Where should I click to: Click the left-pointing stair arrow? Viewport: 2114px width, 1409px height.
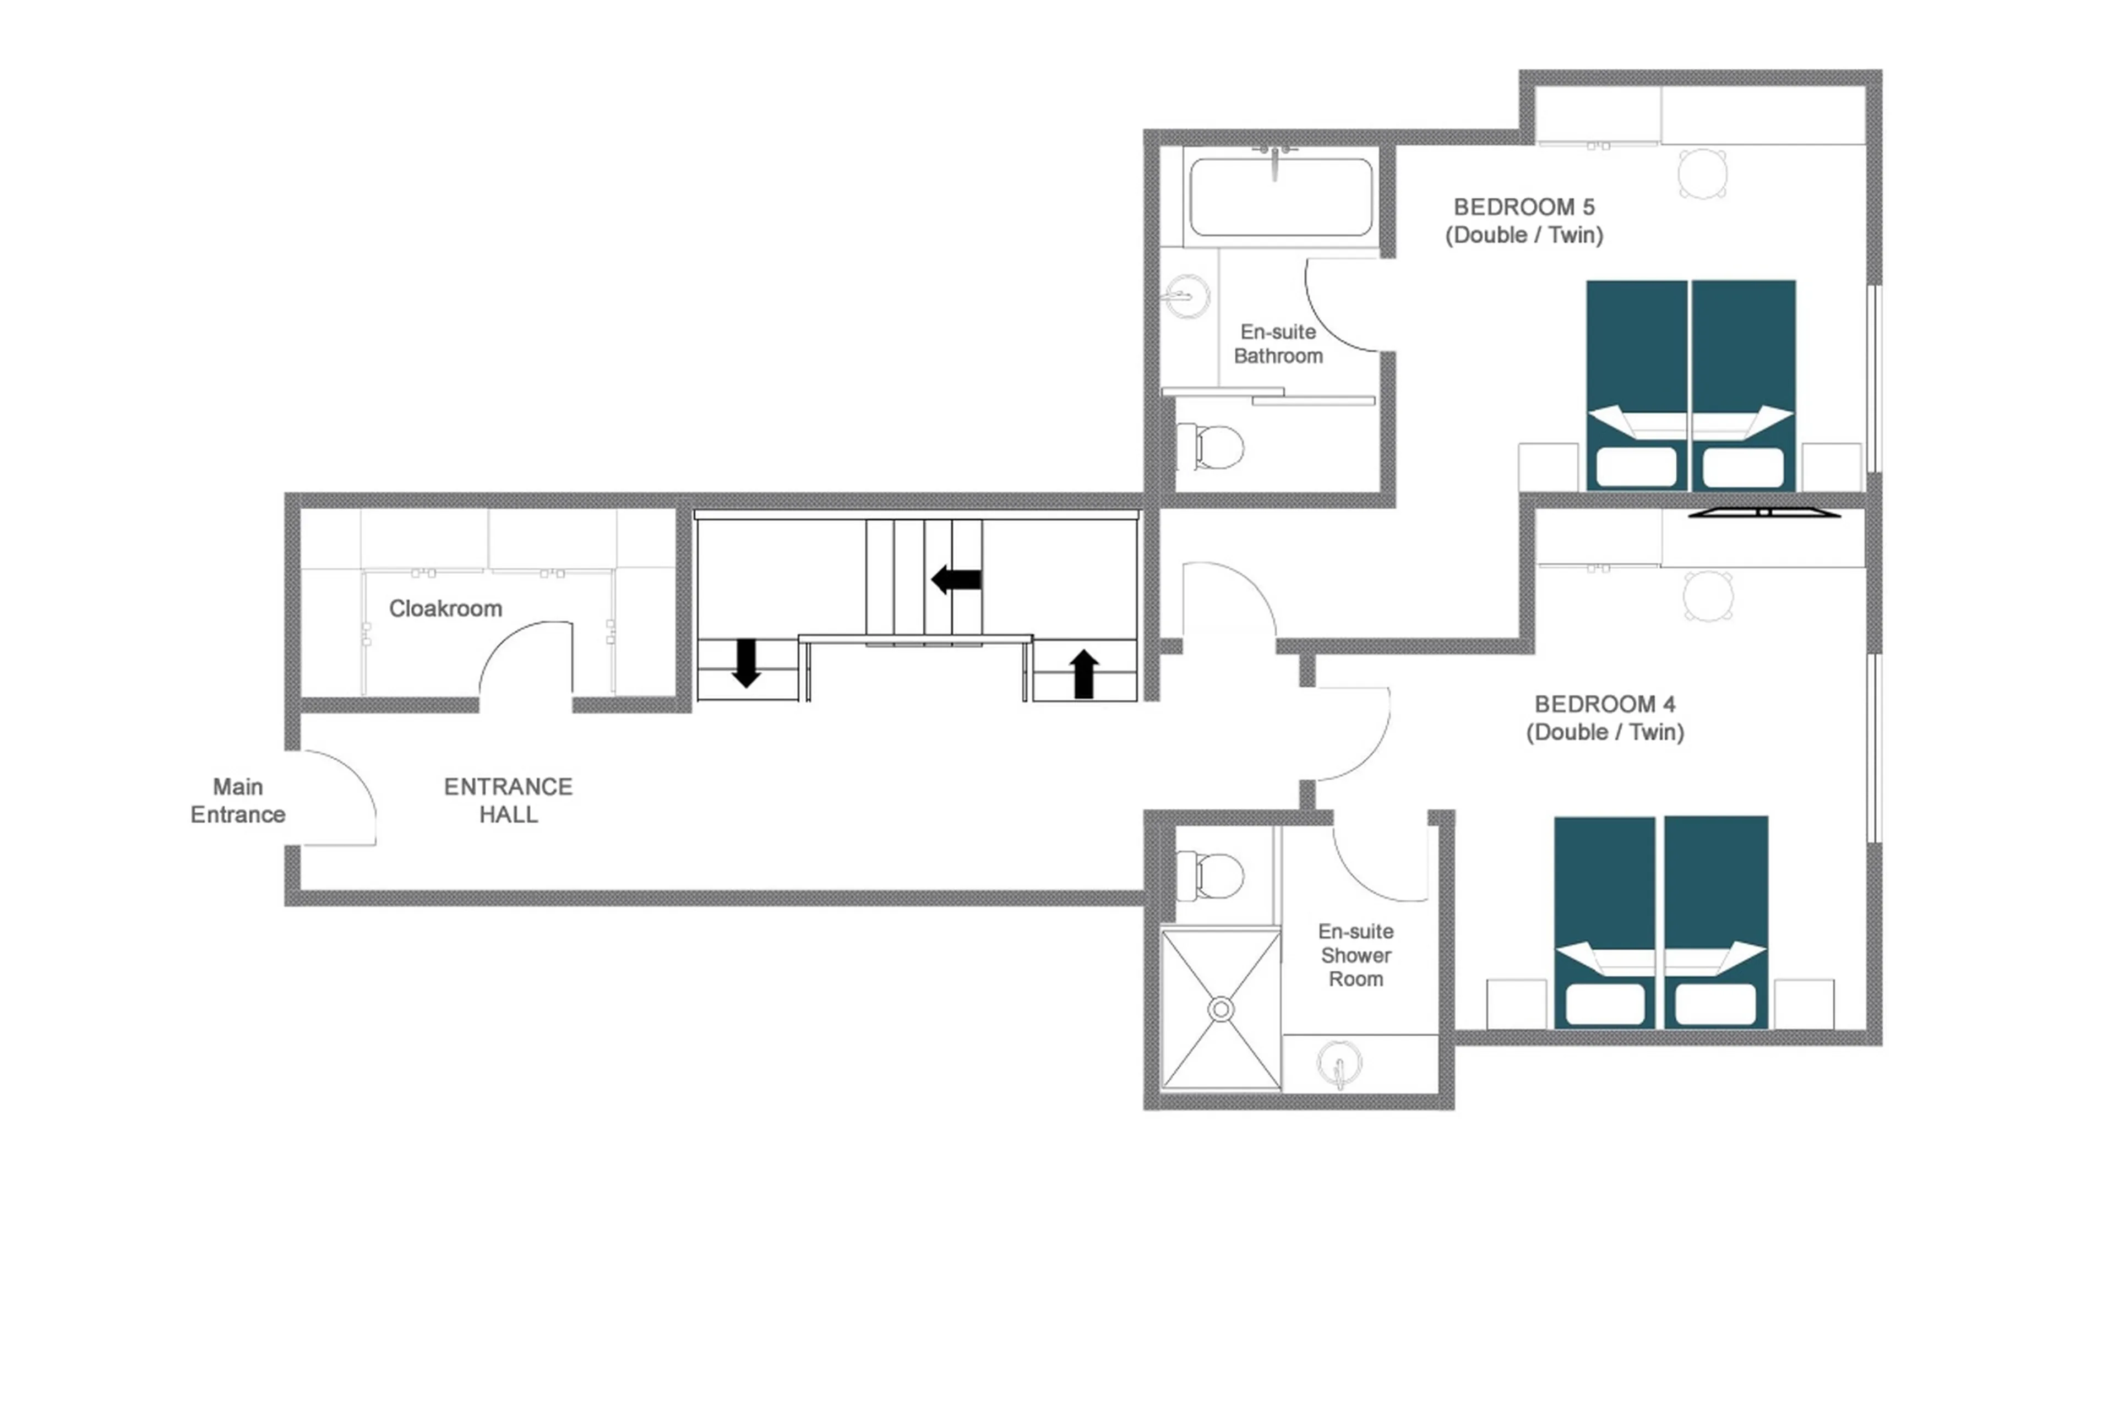click(x=955, y=580)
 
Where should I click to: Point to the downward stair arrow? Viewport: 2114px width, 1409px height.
click(x=746, y=663)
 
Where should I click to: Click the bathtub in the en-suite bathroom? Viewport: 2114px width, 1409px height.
click(x=1281, y=197)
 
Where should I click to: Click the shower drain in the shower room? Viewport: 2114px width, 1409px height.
click(x=1220, y=1009)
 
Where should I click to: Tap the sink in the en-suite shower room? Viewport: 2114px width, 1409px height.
click(x=1339, y=1064)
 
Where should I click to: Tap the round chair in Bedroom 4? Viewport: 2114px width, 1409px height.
click(x=1708, y=595)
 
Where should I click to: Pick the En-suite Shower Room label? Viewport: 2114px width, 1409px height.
click(x=1356, y=955)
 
